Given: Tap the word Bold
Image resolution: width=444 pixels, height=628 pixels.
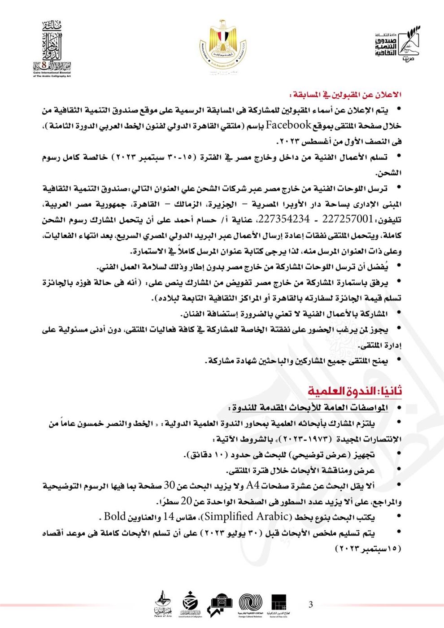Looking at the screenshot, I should [x=115, y=516].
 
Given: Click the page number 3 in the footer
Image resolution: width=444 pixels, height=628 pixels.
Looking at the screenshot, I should [x=311, y=604].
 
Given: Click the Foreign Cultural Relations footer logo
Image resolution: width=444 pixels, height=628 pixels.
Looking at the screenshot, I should [x=250, y=604].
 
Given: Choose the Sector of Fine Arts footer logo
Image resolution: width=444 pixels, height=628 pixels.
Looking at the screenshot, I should [x=278, y=604].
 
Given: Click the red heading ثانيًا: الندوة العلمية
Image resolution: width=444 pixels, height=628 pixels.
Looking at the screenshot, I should [x=354, y=391].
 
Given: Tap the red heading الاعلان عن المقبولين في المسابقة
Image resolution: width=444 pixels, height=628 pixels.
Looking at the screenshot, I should [x=345, y=94].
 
